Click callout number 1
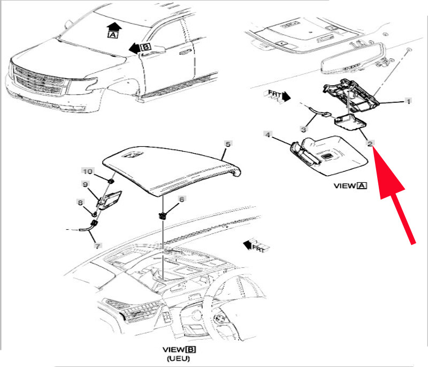[408, 101]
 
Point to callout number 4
[267, 134]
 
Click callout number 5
[227, 144]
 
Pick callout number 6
[181, 199]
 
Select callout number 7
[97, 246]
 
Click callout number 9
[85, 185]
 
